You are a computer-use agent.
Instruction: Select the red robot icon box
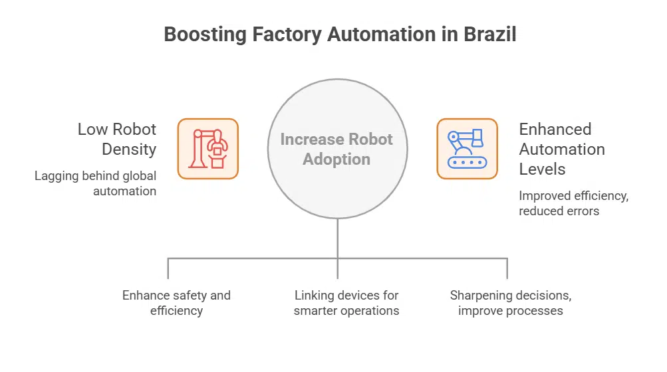[x=207, y=149]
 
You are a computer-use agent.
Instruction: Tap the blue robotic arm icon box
[x=467, y=149]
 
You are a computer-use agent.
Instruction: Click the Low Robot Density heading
[x=117, y=139]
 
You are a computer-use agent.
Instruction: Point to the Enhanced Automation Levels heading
[x=562, y=149]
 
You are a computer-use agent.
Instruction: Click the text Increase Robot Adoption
[x=336, y=149]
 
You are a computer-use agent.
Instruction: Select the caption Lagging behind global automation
[x=96, y=183]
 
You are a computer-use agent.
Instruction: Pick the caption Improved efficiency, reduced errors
[x=574, y=203]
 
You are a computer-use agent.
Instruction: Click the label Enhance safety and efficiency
[x=176, y=302]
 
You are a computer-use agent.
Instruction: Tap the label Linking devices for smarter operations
[x=346, y=302]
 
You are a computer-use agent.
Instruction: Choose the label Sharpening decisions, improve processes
[x=511, y=302]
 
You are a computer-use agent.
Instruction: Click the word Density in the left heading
[x=129, y=149]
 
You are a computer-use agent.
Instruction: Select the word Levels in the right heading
[x=543, y=169]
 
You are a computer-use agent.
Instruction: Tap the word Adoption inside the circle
[x=336, y=159]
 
